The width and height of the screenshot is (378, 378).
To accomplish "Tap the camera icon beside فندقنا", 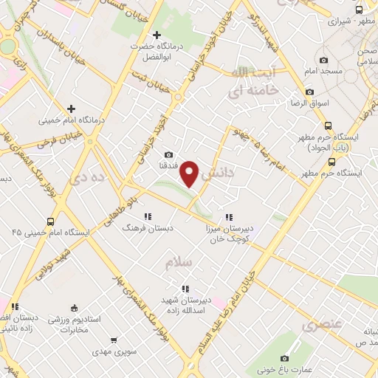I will [169, 155].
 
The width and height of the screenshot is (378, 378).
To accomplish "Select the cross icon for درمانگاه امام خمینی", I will [71, 109].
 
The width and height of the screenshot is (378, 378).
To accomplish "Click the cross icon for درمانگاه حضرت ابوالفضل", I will [156, 35].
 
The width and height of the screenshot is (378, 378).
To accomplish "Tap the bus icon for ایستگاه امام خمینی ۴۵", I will [50, 221].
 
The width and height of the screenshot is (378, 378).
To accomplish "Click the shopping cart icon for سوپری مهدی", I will [113, 340].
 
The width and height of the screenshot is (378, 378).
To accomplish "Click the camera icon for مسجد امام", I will [323, 61].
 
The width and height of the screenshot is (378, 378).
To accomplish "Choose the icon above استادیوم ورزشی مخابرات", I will [73, 309].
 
